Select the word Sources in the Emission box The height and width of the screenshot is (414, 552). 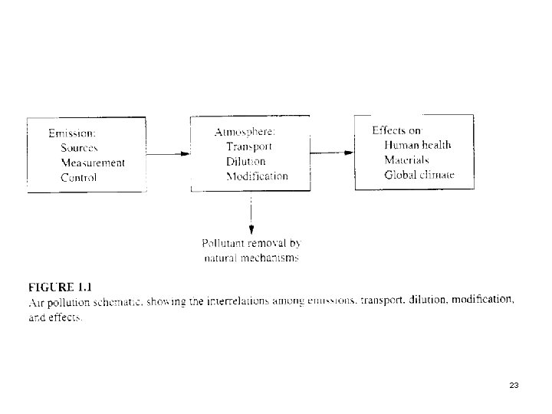pyautogui.click(x=80, y=147)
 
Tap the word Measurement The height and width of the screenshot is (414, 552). pyautogui.click(x=93, y=163)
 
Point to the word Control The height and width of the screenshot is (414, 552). pyautogui.click(x=79, y=177)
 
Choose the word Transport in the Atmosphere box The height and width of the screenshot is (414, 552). pyautogui.click(x=249, y=146)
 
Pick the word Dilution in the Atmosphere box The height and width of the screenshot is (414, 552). pyautogui.click(x=245, y=162)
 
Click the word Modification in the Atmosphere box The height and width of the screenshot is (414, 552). pyautogui.click(x=257, y=176)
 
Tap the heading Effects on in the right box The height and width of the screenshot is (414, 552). pyautogui.click(x=397, y=130)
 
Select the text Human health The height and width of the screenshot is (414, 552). pyautogui.click(x=417, y=145)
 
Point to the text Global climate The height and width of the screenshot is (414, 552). pyautogui.click(x=419, y=175)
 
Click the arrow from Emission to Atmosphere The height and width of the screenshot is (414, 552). pyautogui.click(x=167, y=153)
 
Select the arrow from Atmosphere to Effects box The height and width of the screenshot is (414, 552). pyautogui.click(x=331, y=153)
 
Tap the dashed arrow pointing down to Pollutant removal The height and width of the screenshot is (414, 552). pyautogui.click(x=251, y=215)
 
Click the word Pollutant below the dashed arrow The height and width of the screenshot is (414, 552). pyautogui.click(x=225, y=244)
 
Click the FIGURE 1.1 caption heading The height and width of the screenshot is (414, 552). pyautogui.click(x=60, y=287)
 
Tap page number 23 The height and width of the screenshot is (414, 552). pyautogui.click(x=514, y=385)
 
